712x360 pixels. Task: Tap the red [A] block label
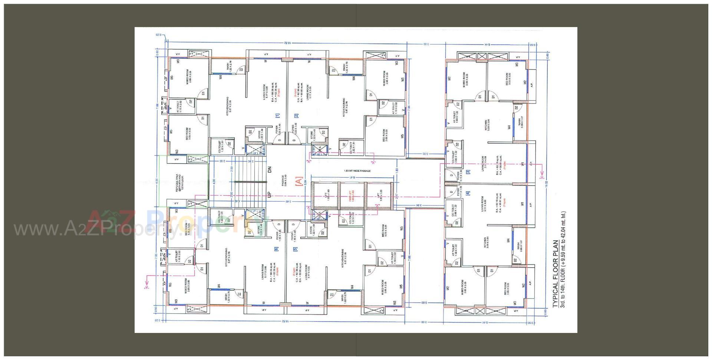[x=298, y=181]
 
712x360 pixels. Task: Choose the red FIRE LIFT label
[x=353, y=195]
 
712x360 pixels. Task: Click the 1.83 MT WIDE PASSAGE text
[x=357, y=171]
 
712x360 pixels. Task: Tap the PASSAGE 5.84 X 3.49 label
[x=284, y=181]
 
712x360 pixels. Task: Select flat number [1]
[x=277, y=116]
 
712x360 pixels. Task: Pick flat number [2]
[x=296, y=116]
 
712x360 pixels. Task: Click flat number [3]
[x=468, y=172]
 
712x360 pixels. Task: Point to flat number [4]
[x=468, y=193]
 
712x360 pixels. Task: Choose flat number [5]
[x=296, y=249]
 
